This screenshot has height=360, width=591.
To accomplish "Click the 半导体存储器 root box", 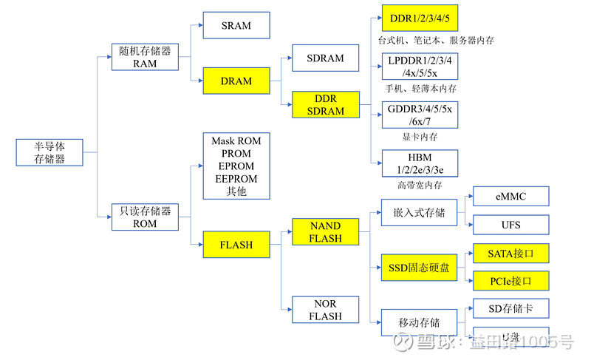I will [50, 152].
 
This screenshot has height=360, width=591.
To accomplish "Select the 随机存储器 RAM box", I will [145, 57].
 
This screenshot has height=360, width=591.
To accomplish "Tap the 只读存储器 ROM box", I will [145, 217].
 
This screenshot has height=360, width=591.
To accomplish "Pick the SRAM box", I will [236, 26].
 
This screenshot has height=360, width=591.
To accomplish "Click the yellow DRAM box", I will [236, 81].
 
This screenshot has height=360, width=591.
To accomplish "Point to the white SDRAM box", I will [325, 58].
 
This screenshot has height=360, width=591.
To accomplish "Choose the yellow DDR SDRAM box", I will [325, 105].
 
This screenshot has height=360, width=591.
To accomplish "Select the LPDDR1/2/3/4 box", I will [420, 67].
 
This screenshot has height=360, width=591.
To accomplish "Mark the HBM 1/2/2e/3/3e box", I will [420, 163].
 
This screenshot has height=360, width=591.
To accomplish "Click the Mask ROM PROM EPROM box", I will [236, 166].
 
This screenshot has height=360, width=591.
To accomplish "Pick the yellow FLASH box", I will [236, 245].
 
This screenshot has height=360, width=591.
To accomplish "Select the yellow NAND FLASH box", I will [325, 232].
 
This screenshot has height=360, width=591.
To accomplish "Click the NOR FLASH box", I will [325, 310].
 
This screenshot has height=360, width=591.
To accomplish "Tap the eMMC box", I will [510, 197].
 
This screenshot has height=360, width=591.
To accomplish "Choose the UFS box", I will [510, 225].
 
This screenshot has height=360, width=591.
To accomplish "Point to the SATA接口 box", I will [510, 254].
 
